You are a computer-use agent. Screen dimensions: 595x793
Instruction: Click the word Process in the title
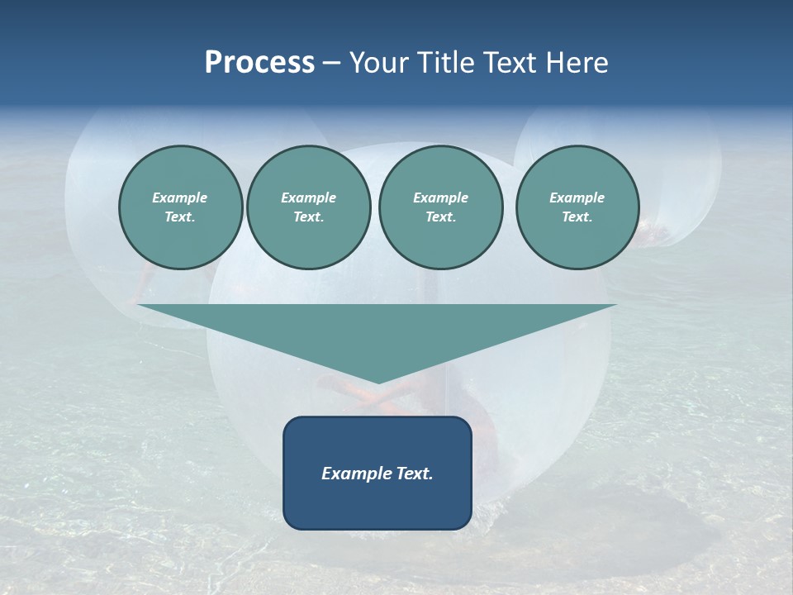coord(259,63)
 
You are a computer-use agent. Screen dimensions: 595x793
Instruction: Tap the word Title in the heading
coord(445,63)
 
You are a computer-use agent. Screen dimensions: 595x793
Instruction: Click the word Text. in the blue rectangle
coord(415,474)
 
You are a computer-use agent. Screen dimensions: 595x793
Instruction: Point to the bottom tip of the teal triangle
coord(378,382)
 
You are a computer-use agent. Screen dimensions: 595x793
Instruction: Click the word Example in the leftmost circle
coord(180,198)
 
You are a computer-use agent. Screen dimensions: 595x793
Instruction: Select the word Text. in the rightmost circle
coord(577,217)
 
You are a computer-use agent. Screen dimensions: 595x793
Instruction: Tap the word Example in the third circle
coord(440,198)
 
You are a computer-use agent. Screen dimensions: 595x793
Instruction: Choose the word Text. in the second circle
coord(308,217)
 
